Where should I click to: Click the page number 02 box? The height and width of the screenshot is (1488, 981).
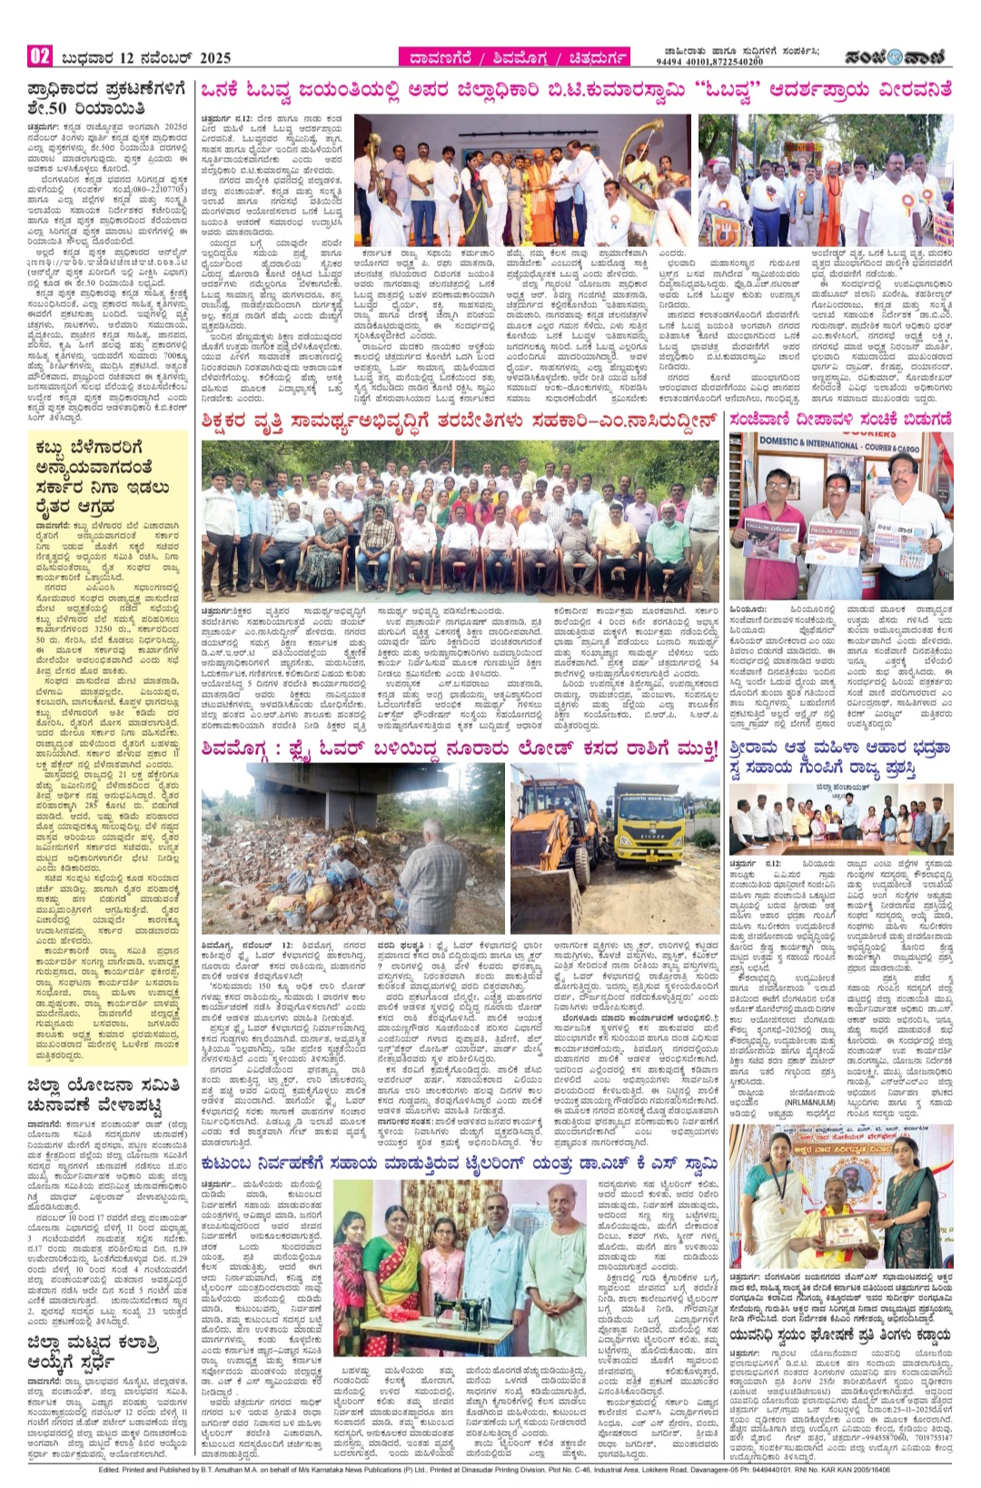pyautogui.click(x=40, y=56)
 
